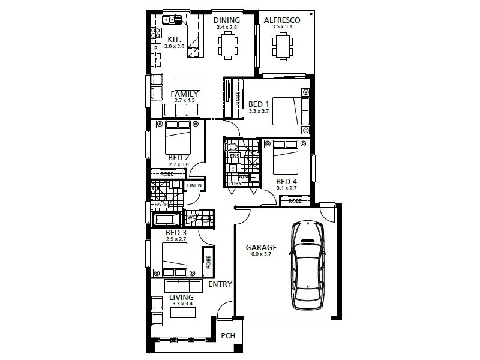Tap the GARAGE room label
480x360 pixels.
pyautogui.click(x=261, y=247)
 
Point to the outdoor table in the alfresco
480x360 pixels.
pyautogui.click(x=282, y=47)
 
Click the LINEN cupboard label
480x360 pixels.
pyautogui.click(x=194, y=186)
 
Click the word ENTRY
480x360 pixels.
pyautogui.click(x=220, y=284)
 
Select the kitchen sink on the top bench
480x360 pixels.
pyautogui.click(x=170, y=20)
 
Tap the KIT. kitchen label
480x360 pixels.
pyautogui.click(x=158, y=39)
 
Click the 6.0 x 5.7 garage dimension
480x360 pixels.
pyautogui.click(x=261, y=254)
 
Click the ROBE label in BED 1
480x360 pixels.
pyautogui.click(x=238, y=100)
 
